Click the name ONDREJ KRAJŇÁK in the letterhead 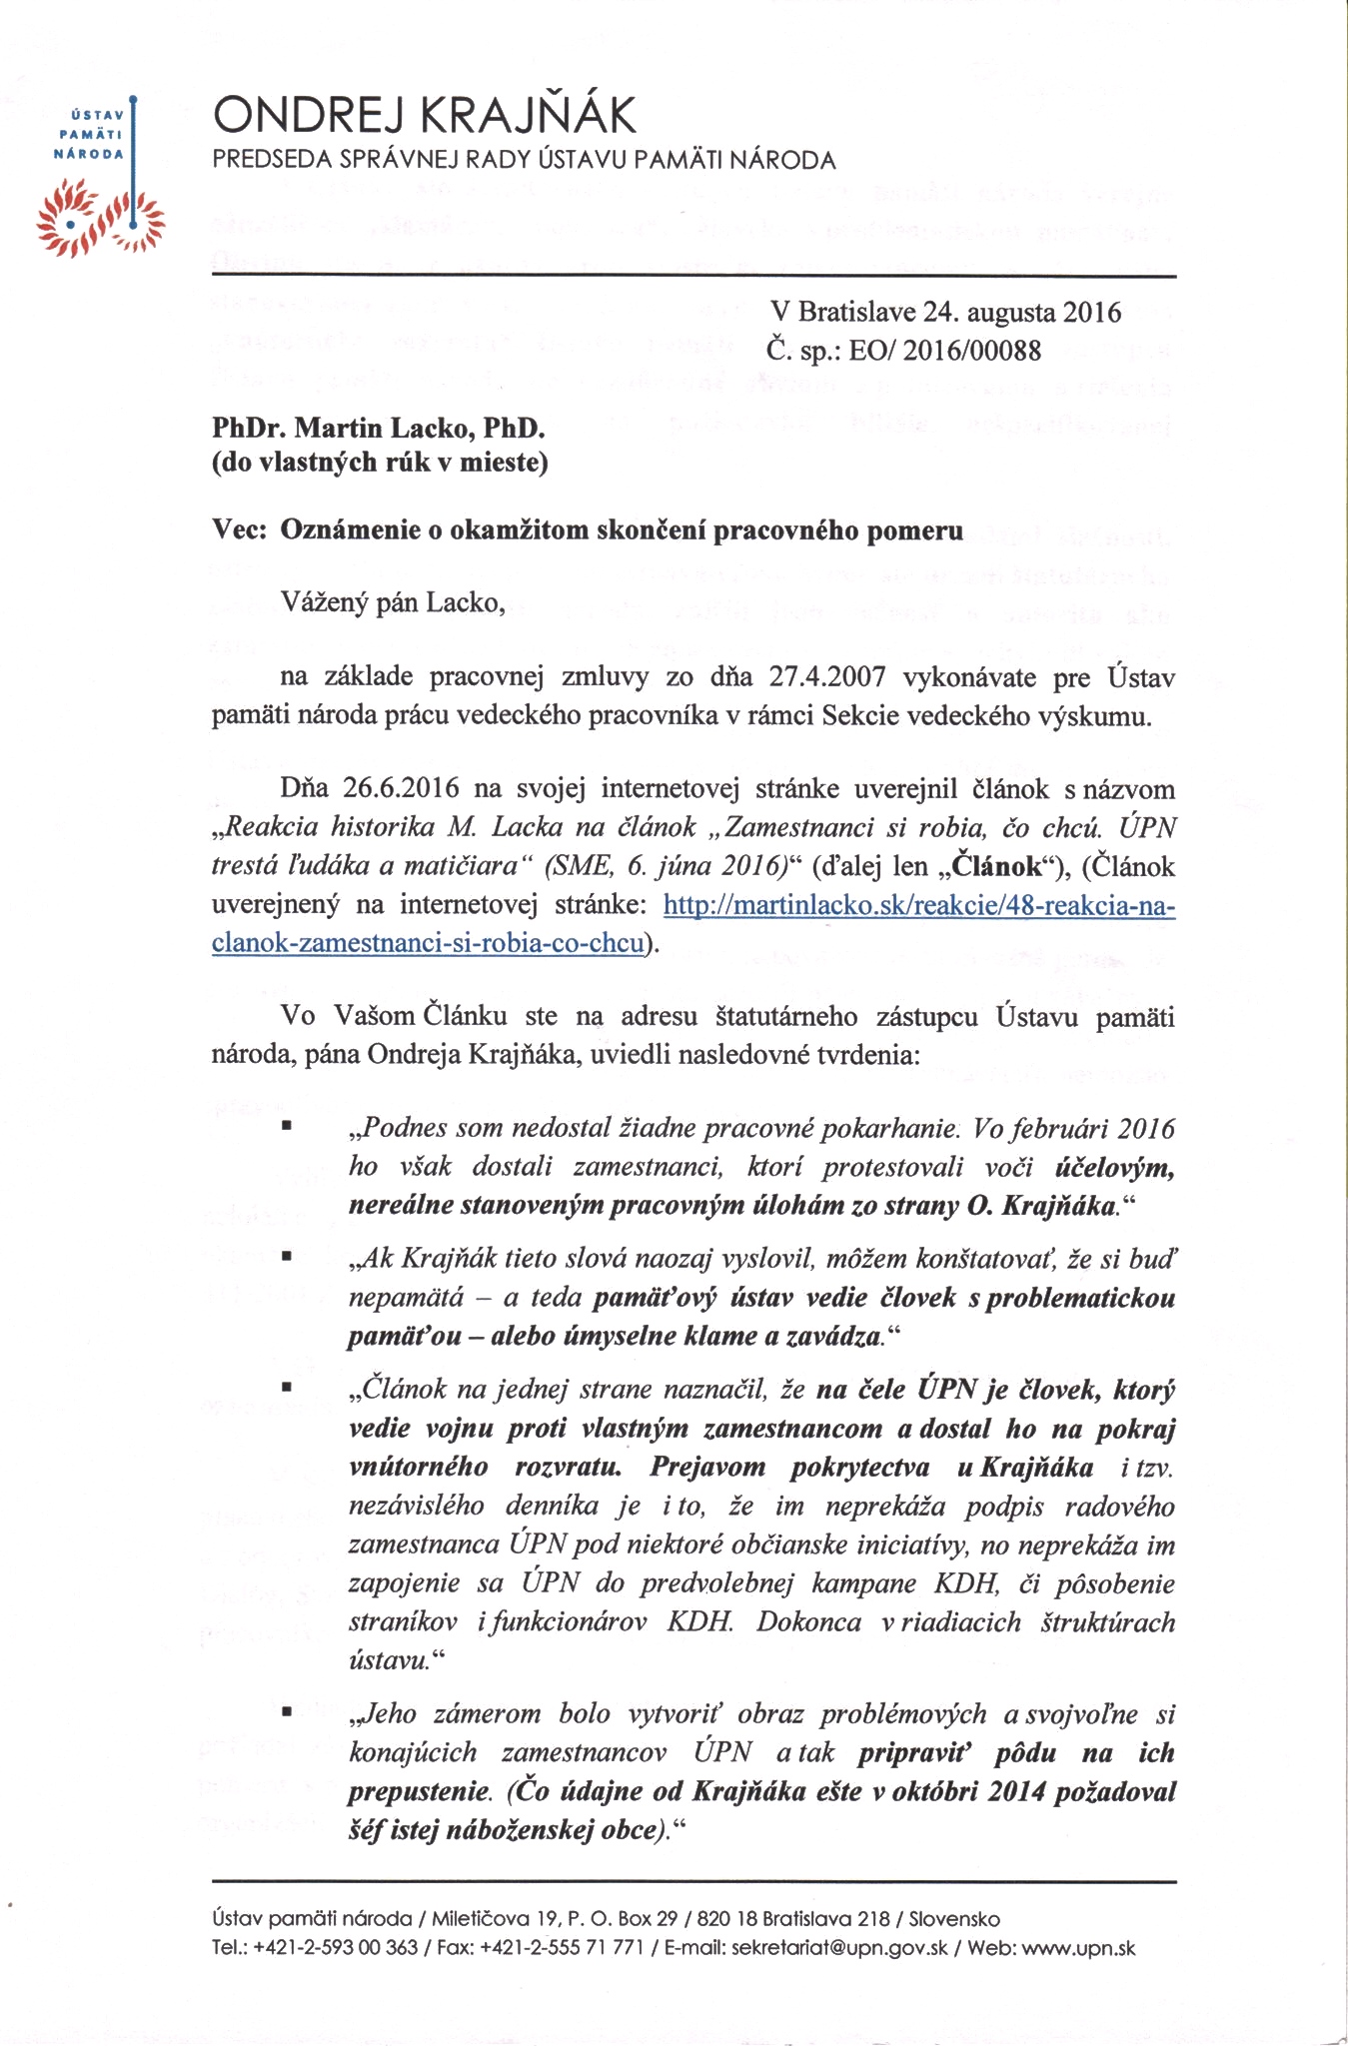click(x=424, y=117)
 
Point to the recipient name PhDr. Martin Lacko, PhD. click(x=379, y=429)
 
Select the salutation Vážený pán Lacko click(x=395, y=602)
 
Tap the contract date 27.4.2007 click(x=827, y=677)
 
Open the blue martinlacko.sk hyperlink click(x=919, y=906)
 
